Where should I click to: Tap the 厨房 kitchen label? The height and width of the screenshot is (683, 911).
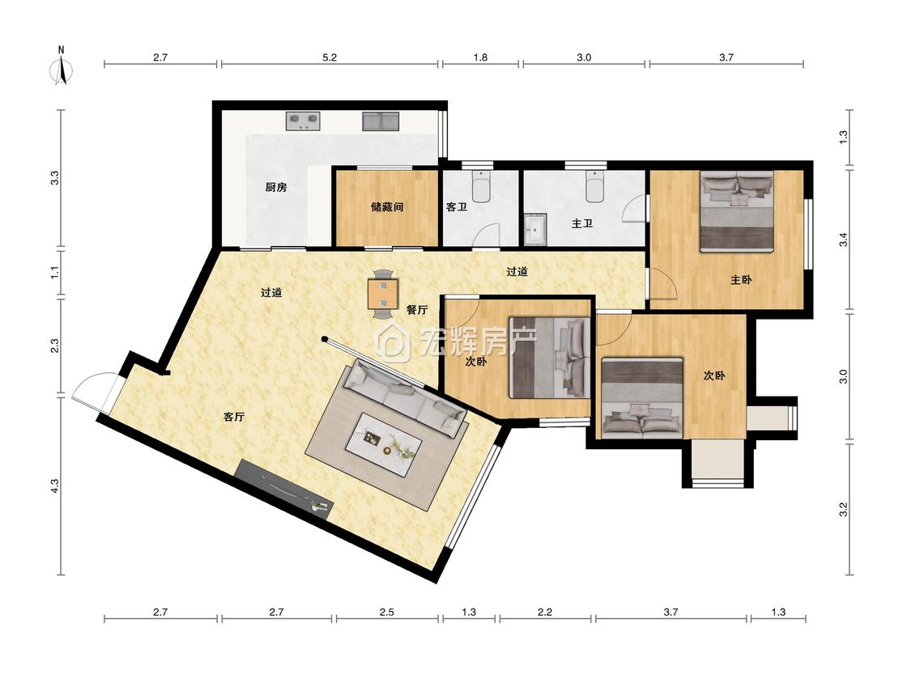[x=276, y=187]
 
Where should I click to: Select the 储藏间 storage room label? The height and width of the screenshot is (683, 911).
[x=387, y=206]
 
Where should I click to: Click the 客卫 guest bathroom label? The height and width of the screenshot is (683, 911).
[x=457, y=206]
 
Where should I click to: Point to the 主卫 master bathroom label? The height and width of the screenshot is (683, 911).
[x=581, y=223]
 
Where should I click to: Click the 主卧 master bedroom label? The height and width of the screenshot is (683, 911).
[x=741, y=279]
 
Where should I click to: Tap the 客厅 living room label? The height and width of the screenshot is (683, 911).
[x=234, y=417]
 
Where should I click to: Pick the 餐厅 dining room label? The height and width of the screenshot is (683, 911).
[x=416, y=310]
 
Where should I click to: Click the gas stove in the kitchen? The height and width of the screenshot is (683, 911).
[x=304, y=121]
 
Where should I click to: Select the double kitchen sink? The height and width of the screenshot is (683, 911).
[x=381, y=121]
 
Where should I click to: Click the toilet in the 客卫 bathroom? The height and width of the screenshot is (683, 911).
[x=481, y=185]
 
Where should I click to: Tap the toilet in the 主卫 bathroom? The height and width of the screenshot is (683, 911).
[x=595, y=185]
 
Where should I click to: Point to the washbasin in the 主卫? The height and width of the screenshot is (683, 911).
[x=535, y=229]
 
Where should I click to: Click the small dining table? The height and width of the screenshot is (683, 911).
[x=383, y=294]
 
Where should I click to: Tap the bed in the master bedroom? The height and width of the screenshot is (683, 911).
[x=737, y=211]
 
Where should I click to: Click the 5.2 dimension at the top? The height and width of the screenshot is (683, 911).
[x=330, y=57]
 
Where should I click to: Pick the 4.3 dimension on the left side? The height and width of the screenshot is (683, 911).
[x=54, y=486]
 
